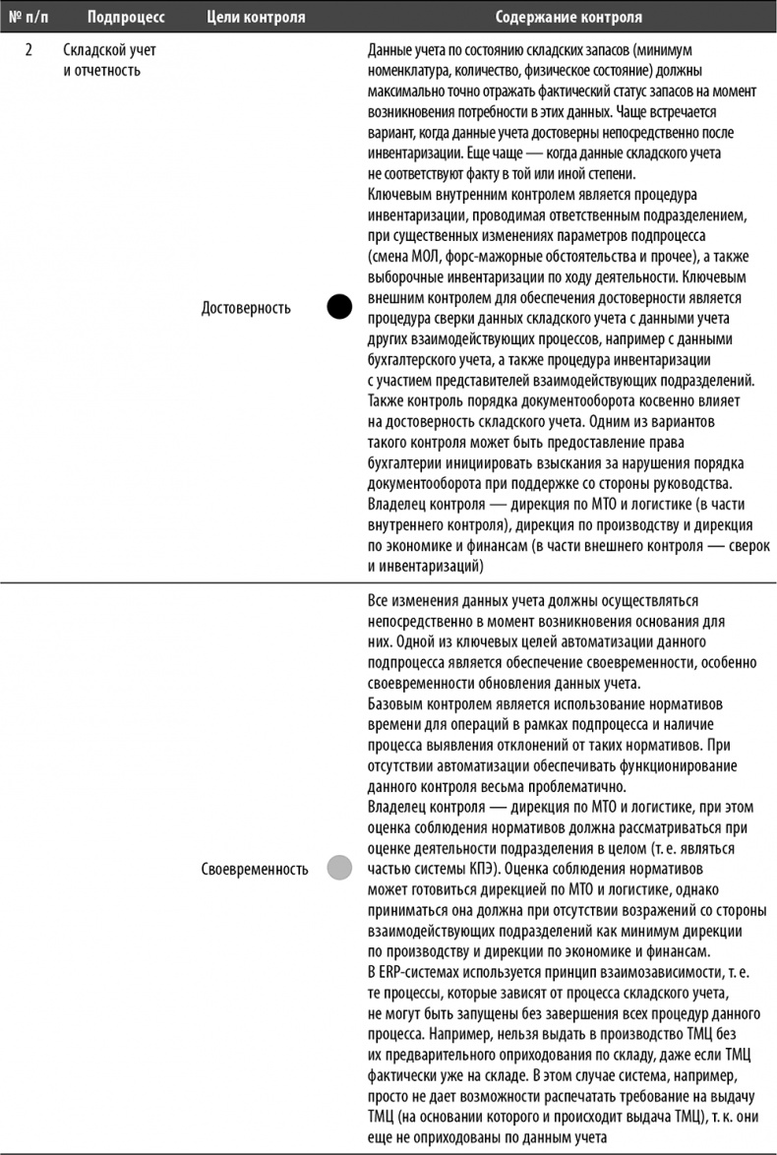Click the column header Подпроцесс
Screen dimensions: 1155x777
(x=126, y=18)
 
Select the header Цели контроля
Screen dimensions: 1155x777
(x=256, y=18)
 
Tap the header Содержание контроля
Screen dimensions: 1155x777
(x=568, y=18)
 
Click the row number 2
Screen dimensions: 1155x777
(x=30, y=50)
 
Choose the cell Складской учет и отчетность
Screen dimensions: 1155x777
(x=109, y=60)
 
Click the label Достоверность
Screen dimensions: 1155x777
(x=246, y=308)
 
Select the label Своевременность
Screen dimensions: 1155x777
(x=254, y=869)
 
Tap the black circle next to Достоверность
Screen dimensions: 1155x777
(x=338, y=308)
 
